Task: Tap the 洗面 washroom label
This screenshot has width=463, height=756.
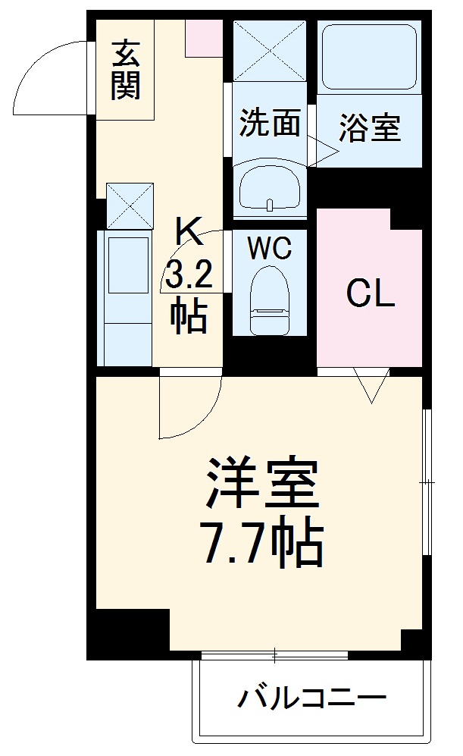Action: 270,124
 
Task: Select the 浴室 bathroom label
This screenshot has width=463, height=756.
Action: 369,128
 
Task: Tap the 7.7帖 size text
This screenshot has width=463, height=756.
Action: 262,543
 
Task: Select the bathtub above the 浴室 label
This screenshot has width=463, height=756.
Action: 369,57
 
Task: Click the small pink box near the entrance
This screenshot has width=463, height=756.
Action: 204,38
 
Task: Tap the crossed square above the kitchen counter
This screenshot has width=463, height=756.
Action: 130,205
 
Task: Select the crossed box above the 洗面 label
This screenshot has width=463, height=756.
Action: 270,49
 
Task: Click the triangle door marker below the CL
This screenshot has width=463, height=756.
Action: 371,385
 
